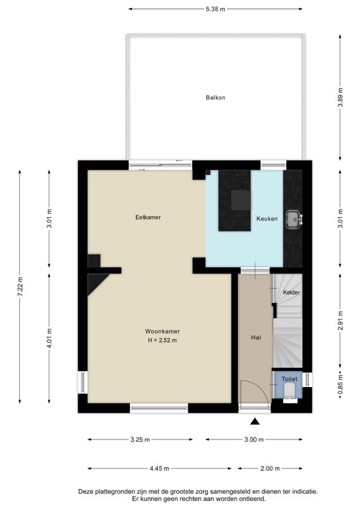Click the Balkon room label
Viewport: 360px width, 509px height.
(215, 97)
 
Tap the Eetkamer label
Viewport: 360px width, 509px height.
(148, 217)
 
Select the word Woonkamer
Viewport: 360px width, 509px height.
(162, 331)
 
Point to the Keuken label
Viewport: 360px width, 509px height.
(267, 219)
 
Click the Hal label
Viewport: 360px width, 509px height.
(256, 337)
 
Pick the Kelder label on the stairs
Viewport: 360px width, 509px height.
(292, 292)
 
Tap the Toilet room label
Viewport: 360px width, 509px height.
(290, 379)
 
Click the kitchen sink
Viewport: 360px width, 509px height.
(294, 220)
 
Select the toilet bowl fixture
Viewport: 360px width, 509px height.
(290, 391)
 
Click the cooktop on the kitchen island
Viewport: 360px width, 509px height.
(241, 200)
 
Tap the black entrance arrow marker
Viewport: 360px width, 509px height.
(255, 422)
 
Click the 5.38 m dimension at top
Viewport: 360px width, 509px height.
(215, 9)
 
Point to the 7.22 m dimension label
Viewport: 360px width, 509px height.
(20, 286)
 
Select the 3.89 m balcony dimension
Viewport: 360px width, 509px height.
(340, 97)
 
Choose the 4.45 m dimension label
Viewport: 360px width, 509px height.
(159, 469)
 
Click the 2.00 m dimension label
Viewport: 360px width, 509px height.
(270, 469)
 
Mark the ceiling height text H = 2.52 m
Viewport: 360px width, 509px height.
(162, 341)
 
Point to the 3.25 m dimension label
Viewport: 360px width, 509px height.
(141, 439)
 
